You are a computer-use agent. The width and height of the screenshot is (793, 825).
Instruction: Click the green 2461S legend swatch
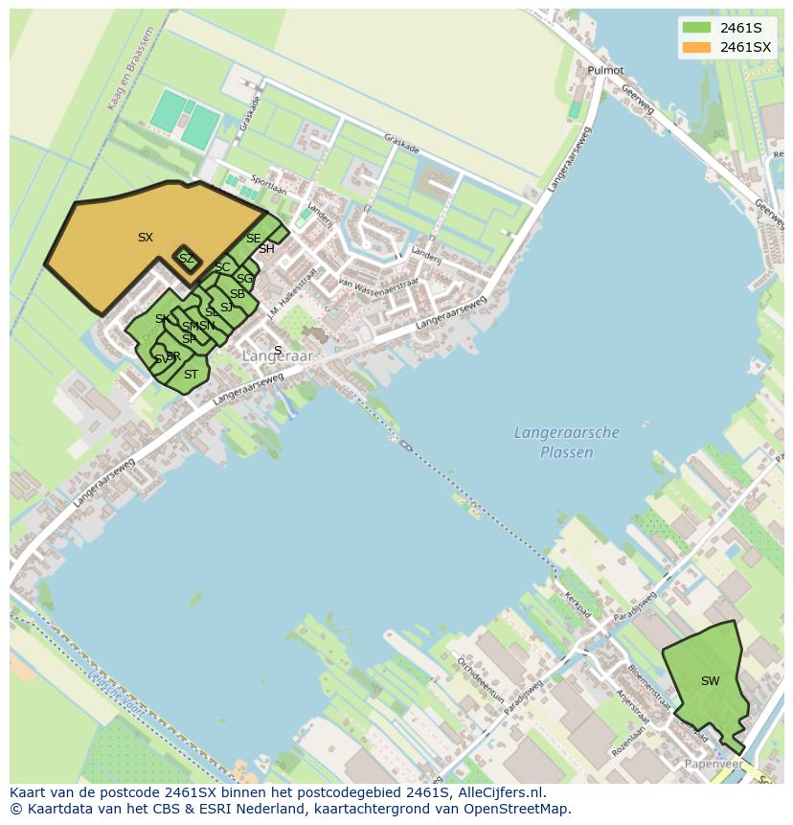[696, 28]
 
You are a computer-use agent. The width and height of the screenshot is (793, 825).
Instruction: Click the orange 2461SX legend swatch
[696, 47]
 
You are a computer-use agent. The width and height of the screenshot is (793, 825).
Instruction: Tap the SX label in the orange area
[146, 238]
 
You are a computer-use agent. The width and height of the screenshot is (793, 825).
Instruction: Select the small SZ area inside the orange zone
[187, 259]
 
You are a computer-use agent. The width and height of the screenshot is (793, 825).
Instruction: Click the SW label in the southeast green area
[710, 681]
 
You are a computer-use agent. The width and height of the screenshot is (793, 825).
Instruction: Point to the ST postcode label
[191, 375]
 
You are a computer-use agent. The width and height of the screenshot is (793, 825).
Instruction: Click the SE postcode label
[253, 239]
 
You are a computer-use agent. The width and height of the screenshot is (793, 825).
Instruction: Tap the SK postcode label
[163, 319]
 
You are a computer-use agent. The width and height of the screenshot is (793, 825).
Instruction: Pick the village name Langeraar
[278, 356]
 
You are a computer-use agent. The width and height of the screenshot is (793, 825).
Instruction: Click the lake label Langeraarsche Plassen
[567, 443]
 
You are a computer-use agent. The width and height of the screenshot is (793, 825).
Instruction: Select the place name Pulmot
[605, 71]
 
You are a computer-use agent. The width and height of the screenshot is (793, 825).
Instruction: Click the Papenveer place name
[714, 764]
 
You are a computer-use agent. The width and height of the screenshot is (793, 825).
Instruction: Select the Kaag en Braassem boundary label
[131, 68]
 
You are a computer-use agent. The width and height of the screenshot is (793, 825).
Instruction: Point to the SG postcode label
[244, 279]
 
